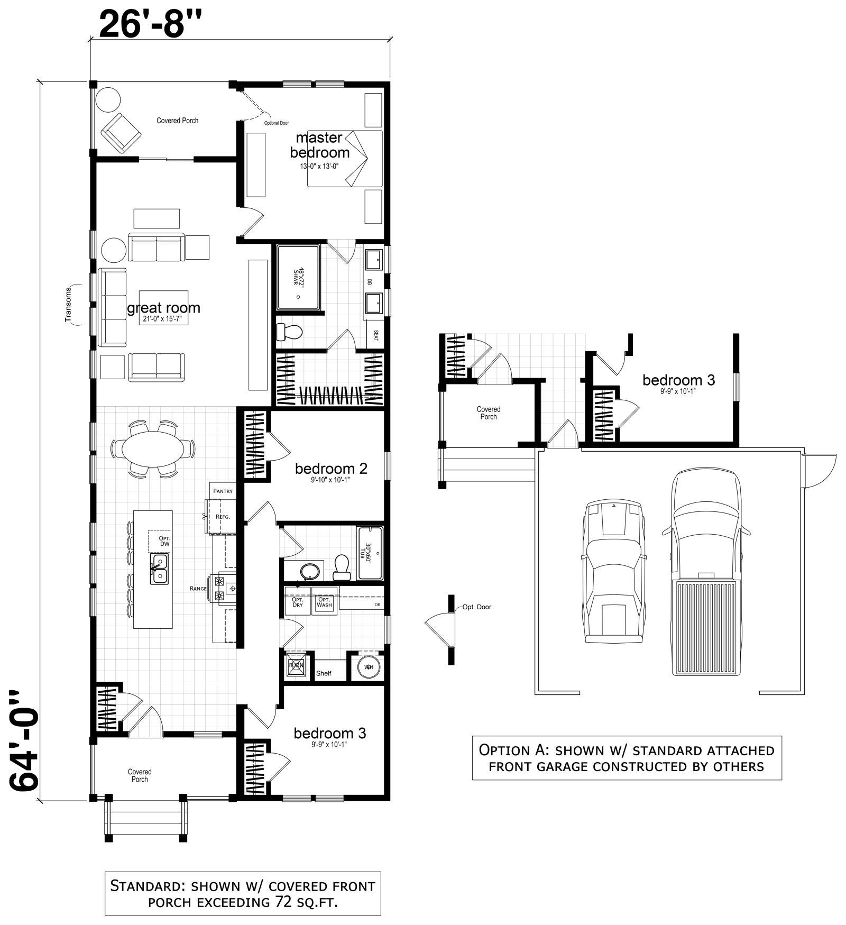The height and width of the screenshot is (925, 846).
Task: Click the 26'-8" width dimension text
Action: (x=151, y=24)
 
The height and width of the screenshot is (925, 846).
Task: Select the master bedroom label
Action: (x=319, y=145)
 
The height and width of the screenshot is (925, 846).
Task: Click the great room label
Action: (x=163, y=308)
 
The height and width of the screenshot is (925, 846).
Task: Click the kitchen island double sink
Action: (x=159, y=569)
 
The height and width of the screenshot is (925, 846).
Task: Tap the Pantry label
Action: (x=223, y=491)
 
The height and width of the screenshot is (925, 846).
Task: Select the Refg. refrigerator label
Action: (x=223, y=517)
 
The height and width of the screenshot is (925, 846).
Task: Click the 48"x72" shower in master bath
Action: (x=298, y=277)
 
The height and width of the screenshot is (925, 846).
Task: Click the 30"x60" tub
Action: (x=370, y=553)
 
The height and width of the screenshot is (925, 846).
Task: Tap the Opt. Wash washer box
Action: (x=324, y=602)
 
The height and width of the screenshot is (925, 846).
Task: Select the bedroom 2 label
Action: (x=331, y=469)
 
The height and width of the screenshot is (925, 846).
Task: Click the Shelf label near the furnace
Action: (x=324, y=673)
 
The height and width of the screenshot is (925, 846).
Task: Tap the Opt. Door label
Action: (x=476, y=607)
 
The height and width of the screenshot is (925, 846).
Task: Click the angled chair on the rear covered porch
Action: (x=121, y=132)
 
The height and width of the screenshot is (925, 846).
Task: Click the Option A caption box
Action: (x=627, y=758)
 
